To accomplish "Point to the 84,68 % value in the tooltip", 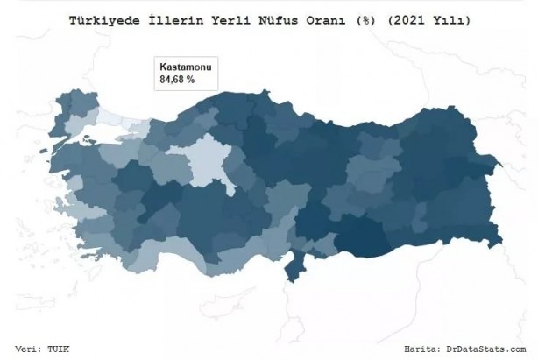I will tap(177, 80).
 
